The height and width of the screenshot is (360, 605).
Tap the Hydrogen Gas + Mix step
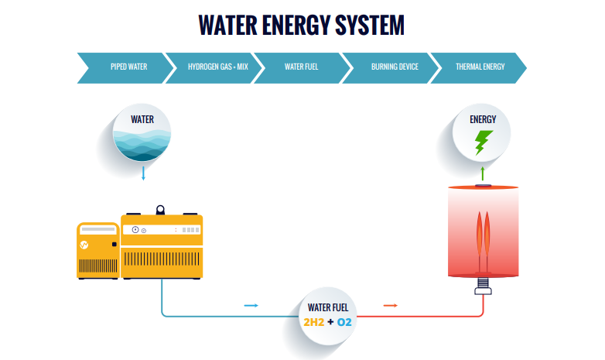217,67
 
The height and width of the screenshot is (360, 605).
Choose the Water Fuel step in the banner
302,67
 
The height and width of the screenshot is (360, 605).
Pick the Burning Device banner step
395,67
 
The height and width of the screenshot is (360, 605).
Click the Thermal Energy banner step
480,67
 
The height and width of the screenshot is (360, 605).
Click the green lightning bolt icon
484,142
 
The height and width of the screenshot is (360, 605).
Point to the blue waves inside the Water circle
142,145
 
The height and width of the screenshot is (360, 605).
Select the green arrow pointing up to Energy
484,172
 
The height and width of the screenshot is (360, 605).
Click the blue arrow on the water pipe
251,306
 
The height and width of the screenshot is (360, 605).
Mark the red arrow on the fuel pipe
391,306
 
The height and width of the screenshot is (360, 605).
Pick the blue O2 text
344,321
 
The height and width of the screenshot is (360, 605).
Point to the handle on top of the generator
161,209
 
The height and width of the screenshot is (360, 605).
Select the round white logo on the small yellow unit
87,245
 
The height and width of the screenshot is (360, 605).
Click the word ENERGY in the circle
483,119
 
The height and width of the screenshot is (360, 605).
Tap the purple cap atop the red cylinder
484,186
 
